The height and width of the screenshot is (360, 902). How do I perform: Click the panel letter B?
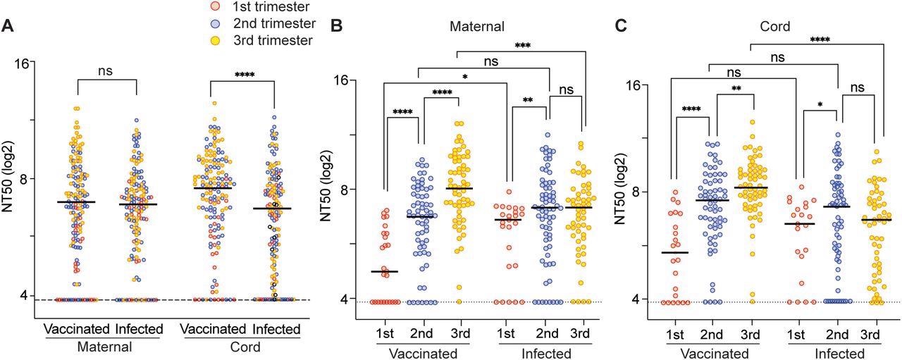(337, 26)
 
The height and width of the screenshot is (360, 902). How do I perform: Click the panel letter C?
(621, 26)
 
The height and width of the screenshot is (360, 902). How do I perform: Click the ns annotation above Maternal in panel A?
(106, 70)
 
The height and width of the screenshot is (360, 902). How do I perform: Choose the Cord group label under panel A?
(241, 347)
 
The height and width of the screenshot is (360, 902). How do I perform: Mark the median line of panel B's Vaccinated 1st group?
(385, 271)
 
